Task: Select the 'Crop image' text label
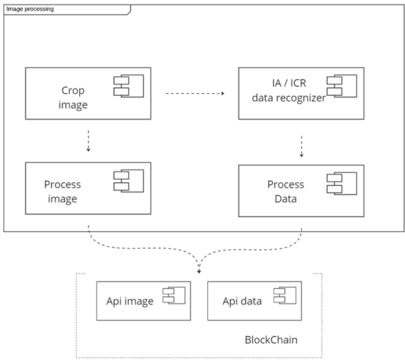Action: click(x=73, y=97)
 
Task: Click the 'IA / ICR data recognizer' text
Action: click(x=288, y=91)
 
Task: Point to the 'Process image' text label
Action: click(x=62, y=192)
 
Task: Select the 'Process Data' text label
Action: click(x=286, y=192)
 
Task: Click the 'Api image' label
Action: click(x=130, y=301)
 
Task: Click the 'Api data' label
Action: click(x=242, y=301)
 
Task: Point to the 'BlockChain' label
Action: click(x=271, y=340)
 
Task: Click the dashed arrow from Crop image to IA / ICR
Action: click(x=194, y=94)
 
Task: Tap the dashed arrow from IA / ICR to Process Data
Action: click(x=301, y=146)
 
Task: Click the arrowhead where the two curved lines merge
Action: click(x=198, y=271)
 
